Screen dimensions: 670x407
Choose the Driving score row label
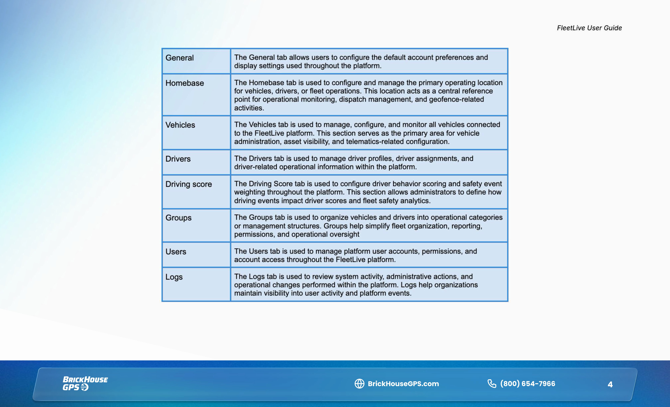tap(189, 184)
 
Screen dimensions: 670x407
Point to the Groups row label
tap(178, 218)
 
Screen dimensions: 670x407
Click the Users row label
tap(176, 252)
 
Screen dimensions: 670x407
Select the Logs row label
tap(174, 277)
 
